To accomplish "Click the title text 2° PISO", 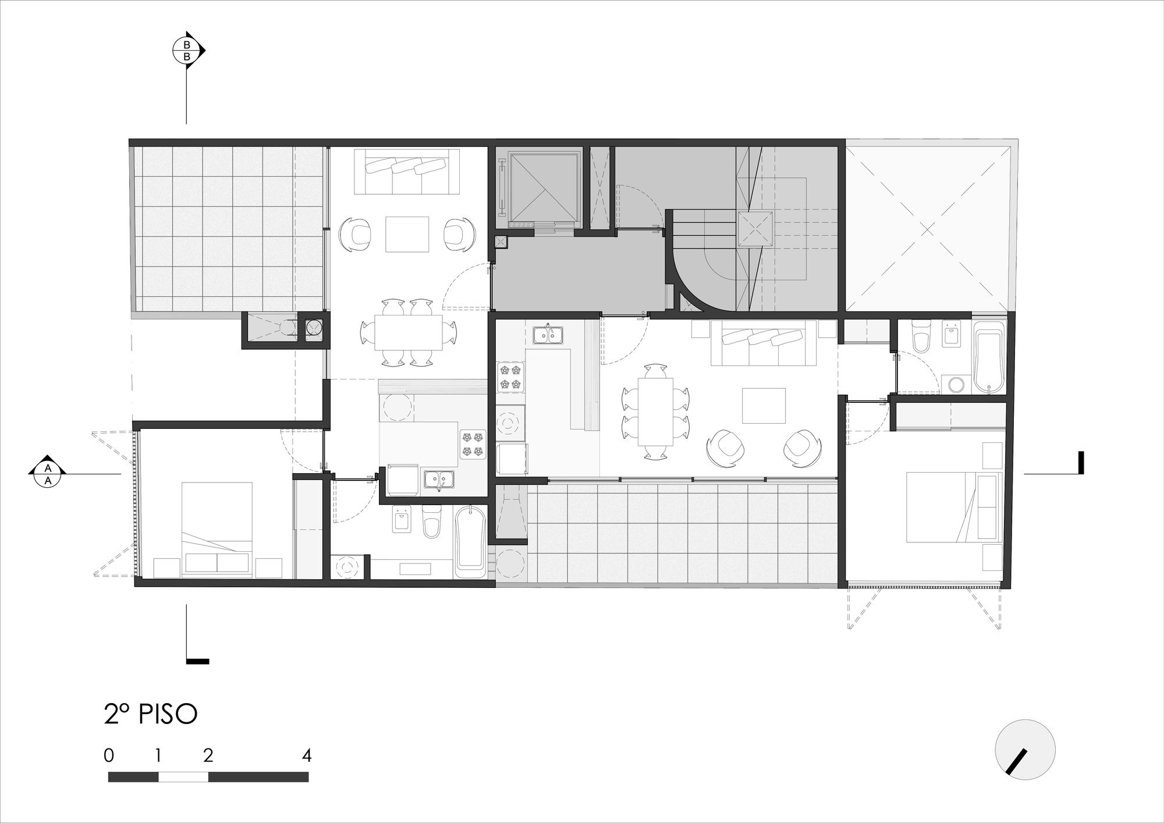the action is (151, 715).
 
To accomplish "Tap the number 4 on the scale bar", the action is (307, 755).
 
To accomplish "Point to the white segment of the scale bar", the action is (183, 776).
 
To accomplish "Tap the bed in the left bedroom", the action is (217, 528).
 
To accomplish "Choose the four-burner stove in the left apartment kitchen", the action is (472, 443).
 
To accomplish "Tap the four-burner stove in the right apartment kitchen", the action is (510, 377).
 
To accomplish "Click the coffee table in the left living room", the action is (407, 234).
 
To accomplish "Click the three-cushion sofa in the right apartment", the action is (763, 343).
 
